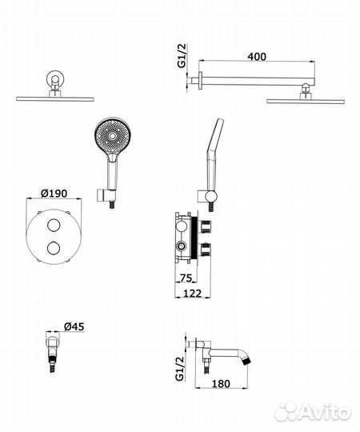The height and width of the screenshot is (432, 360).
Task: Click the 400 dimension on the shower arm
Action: point(257,57)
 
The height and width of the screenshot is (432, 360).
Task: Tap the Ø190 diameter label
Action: point(54,193)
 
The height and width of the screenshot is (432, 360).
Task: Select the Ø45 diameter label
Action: point(74,326)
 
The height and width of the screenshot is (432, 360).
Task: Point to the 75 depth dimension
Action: point(186,278)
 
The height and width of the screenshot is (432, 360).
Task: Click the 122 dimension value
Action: point(192,294)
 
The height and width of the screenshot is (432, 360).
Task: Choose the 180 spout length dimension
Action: point(221,383)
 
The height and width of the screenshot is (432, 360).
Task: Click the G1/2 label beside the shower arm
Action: point(182,55)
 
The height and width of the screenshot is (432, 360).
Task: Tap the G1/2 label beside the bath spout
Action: point(180,368)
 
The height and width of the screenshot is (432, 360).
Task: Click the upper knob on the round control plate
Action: point(54,225)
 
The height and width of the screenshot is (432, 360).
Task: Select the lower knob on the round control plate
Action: point(54,247)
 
